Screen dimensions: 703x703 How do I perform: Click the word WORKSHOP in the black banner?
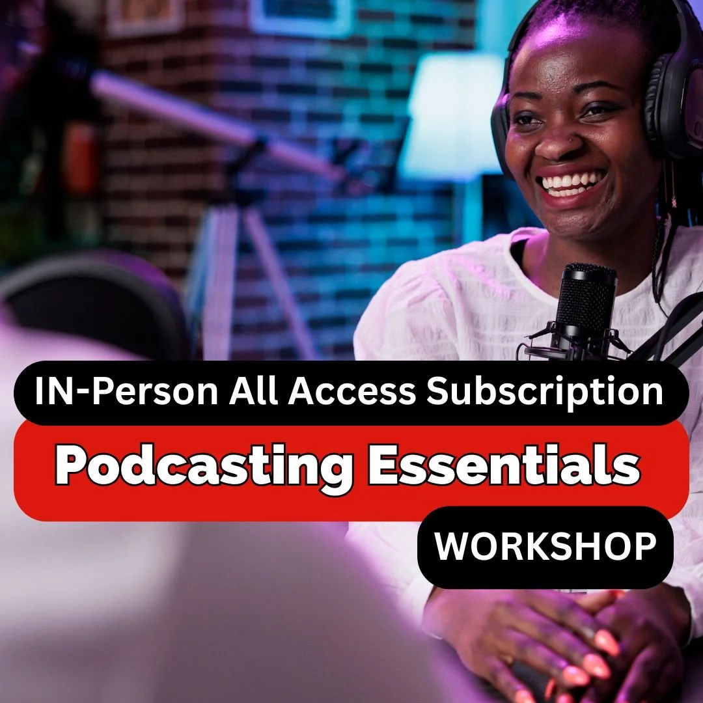[x=545, y=547]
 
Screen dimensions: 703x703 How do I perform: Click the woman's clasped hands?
[x=553, y=644]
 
